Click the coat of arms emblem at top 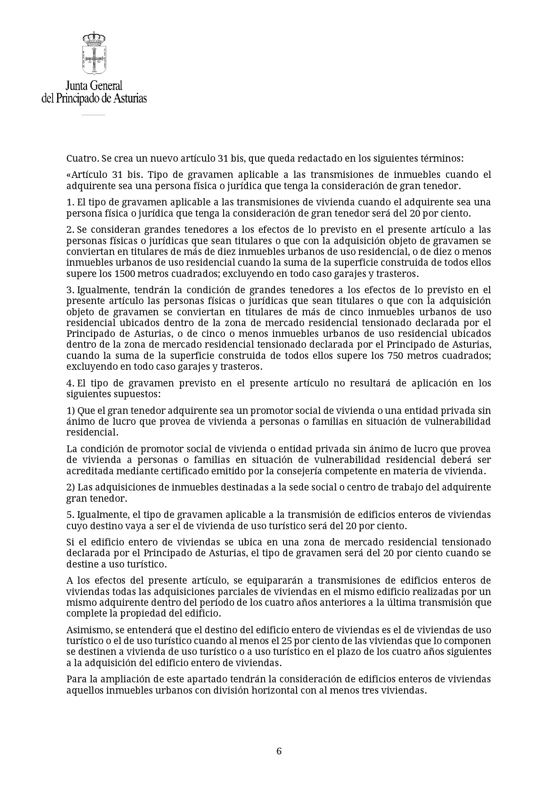tap(94, 53)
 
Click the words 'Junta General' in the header tap(94, 86)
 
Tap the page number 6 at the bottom tap(279, 751)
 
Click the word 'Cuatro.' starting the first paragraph tap(83, 159)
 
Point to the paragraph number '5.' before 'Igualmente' tap(70, 515)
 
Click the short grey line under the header tap(93, 115)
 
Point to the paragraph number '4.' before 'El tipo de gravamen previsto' tap(70, 383)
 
